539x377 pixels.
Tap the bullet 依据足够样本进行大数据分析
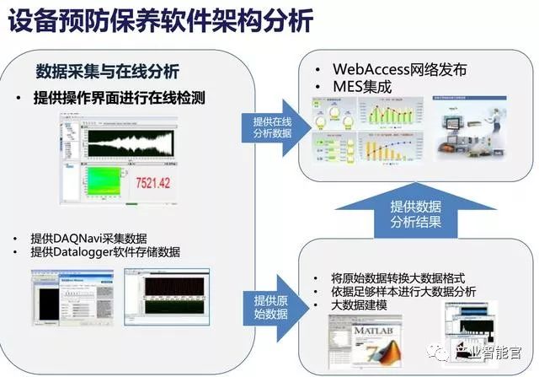pos(409,291)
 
